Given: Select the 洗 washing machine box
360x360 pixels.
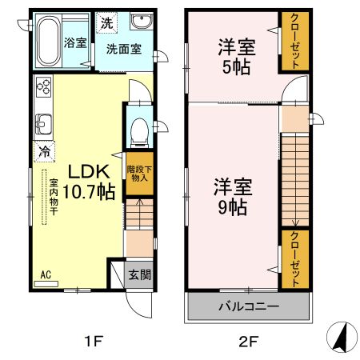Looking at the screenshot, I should pyautogui.click(x=106, y=22).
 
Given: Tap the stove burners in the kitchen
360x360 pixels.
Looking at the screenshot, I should pyautogui.click(x=42, y=87).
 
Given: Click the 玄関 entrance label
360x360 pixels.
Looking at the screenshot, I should pyautogui.click(x=138, y=274).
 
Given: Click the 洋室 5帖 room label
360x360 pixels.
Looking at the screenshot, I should pyautogui.click(x=233, y=57).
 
